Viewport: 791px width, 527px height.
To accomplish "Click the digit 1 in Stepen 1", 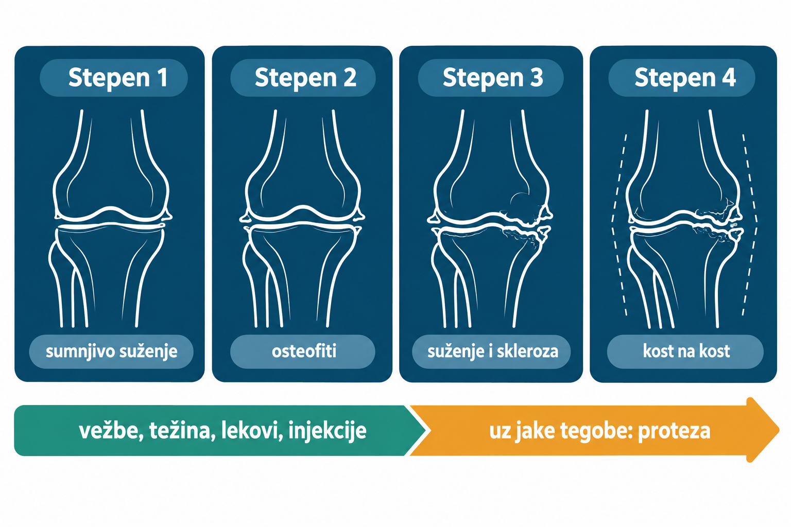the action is pyautogui.click(x=162, y=77).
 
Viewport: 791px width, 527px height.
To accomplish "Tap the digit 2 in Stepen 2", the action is pyautogui.click(x=350, y=77).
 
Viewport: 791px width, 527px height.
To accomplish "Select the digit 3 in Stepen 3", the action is pyautogui.click(x=537, y=77).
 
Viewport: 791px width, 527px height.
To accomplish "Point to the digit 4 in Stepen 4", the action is pyautogui.click(x=729, y=77).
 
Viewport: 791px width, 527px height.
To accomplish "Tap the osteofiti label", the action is pyautogui.click(x=304, y=351).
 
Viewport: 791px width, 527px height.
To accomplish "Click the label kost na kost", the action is pyautogui.click(x=686, y=351).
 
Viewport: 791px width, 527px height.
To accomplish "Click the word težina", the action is pyautogui.click(x=182, y=431).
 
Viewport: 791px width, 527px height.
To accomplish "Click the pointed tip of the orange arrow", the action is pyautogui.click(x=779, y=430).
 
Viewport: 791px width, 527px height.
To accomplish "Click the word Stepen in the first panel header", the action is pyautogui.click(x=109, y=78).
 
